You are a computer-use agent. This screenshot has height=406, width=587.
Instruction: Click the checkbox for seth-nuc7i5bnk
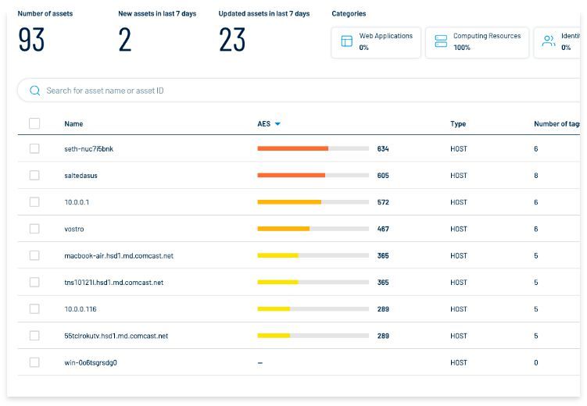click(34, 148)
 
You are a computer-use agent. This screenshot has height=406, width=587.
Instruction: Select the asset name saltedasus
click(81, 176)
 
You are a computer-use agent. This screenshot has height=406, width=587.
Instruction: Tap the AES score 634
click(382, 149)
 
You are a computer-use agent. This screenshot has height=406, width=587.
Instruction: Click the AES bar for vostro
click(313, 229)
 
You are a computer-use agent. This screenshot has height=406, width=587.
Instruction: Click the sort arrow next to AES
click(277, 124)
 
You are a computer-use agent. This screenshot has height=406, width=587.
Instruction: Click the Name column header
click(73, 124)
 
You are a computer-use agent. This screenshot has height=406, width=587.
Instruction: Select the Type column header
click(458, 124)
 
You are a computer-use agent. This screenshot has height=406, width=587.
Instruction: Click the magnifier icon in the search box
click(34, 91)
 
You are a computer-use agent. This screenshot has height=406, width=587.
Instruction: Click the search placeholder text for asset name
click(105, 91)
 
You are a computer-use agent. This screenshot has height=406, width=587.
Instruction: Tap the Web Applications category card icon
click(346, 41)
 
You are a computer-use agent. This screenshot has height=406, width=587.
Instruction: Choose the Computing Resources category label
click(486, 36)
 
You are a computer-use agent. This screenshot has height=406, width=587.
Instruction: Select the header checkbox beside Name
click(34, 123)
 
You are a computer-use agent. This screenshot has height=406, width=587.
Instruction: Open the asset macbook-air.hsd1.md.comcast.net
click(119, 256)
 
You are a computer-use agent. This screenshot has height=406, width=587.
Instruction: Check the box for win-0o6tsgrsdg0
click(34, 362)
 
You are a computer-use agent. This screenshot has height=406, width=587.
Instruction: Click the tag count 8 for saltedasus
click(536, 176)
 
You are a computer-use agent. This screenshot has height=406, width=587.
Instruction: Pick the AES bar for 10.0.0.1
click(313, 202)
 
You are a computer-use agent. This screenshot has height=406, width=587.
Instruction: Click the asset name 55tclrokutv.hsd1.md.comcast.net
click(116, 336)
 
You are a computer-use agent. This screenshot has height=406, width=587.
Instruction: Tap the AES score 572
click(382, 202)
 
